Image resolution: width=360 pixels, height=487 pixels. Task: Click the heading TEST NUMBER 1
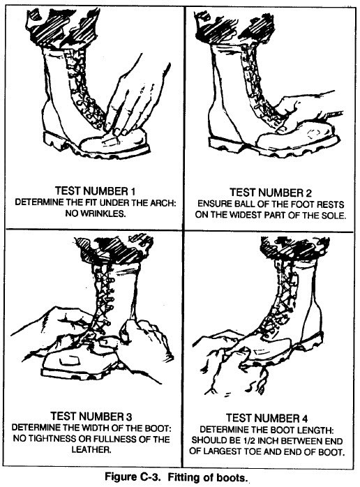(x=95, y=190)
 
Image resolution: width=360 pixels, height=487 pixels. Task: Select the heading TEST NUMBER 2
(x=270, y=193)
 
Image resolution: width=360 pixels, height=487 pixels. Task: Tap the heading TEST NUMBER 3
(x=91, y=417)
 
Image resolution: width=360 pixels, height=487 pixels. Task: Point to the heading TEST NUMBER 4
(x=267, y=418)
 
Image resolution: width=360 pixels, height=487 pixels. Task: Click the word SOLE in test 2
(x=334, y=216)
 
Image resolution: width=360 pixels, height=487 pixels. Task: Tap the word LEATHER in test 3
(x=91, y=449)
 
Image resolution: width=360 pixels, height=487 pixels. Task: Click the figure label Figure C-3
(x=133, y=477)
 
